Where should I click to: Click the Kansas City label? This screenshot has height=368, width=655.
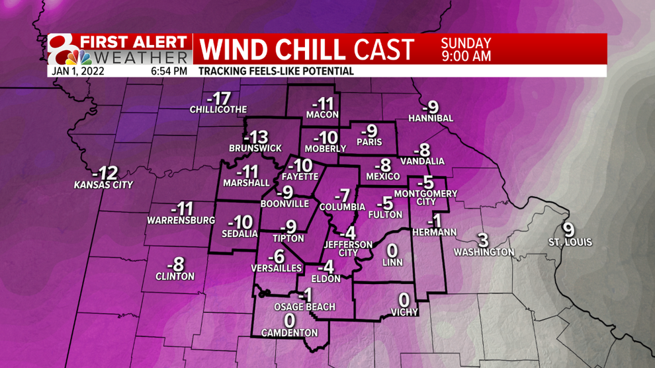(x=103, y=186)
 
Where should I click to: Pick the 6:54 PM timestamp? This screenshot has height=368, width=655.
(x=169, y=71)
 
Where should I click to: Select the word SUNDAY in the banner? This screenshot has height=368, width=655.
(x=466, y=44)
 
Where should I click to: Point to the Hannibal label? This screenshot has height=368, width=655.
(x=431, y=118)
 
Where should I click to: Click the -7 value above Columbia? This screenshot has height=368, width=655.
(x=341, y=196)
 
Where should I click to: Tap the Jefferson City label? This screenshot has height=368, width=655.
(x=348, y=248)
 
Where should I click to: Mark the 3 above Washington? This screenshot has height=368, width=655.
(x=483, y=240)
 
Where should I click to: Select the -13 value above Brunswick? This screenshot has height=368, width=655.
(x=255, y=137)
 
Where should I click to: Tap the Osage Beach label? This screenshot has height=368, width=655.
(x=304, y=307)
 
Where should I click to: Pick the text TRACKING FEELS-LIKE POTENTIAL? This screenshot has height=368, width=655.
(x=276, y=71)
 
